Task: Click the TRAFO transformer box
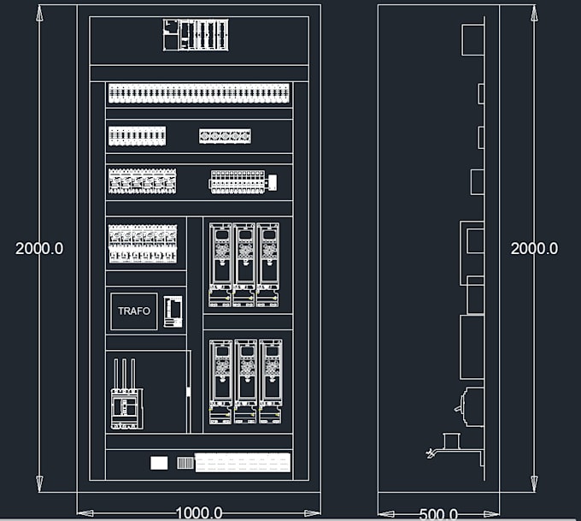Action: [x=134, y=311]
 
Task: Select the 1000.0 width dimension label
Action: [x=199, y=513]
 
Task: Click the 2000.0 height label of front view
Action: [x=39, y=248]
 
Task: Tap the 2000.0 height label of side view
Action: [x=534, y=248]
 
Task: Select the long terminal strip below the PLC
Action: [x=199, y=93]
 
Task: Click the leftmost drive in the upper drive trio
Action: [x=220, y=264]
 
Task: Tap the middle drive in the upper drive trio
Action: [x=244, y=264]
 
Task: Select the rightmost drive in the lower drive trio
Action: [x=270, y=381]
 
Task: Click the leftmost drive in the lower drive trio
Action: [x=221, y=381]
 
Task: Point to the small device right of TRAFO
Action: [x=173, y=311]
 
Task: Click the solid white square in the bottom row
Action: [x=159, y=463]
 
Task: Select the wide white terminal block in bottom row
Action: [x=243, y=463]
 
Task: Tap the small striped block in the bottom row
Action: [x=185, y=463]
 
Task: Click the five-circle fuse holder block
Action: [x=225, y=136]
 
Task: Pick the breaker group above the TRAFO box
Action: [x=143, y=244]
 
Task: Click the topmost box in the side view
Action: [x=472, y=39]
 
